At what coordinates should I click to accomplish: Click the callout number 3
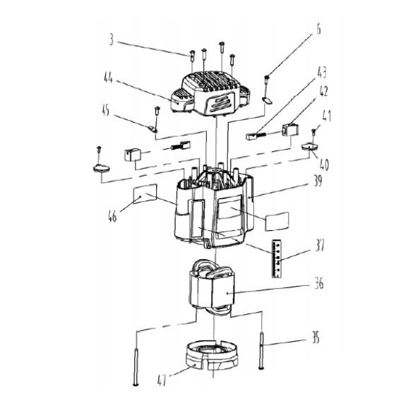[111, 40]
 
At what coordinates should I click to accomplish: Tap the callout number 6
[318, 29]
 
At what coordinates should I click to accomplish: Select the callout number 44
[108, 77]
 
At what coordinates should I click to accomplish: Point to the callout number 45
[105, 110]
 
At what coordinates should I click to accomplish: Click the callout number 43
[322, 73]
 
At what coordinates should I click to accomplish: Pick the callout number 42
[323, 91]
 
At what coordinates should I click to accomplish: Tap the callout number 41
[327, 116]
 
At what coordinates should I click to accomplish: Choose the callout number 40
[324, 164]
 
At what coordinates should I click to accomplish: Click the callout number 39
[318, 181]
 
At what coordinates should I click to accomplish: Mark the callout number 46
[112, 216]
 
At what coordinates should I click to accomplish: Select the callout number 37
[320, 245]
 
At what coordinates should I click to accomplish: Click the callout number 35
[316, 337]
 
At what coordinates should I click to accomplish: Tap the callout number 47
[162, 380]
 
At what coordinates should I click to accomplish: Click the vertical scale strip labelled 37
[277, 258]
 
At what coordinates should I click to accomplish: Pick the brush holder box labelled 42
[290, 130]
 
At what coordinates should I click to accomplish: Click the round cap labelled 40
[310, 147]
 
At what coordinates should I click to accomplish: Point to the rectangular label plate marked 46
[145, 193]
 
